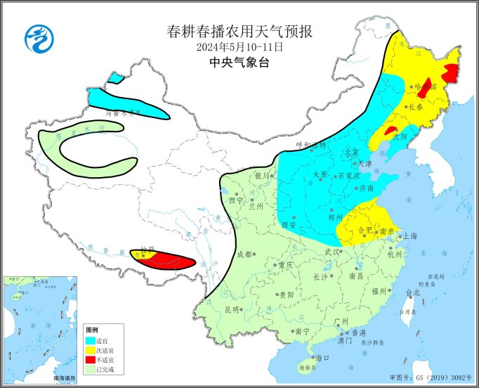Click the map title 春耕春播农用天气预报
[x=240, y=32]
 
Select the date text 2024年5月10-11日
[x=240, y=47]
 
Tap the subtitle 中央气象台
[x=240, y=63]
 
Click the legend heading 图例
[x=91, y=330]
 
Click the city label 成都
[x=244, y=254]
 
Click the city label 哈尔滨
[x=426, y=86]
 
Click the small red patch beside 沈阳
[x=391, y=130]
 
